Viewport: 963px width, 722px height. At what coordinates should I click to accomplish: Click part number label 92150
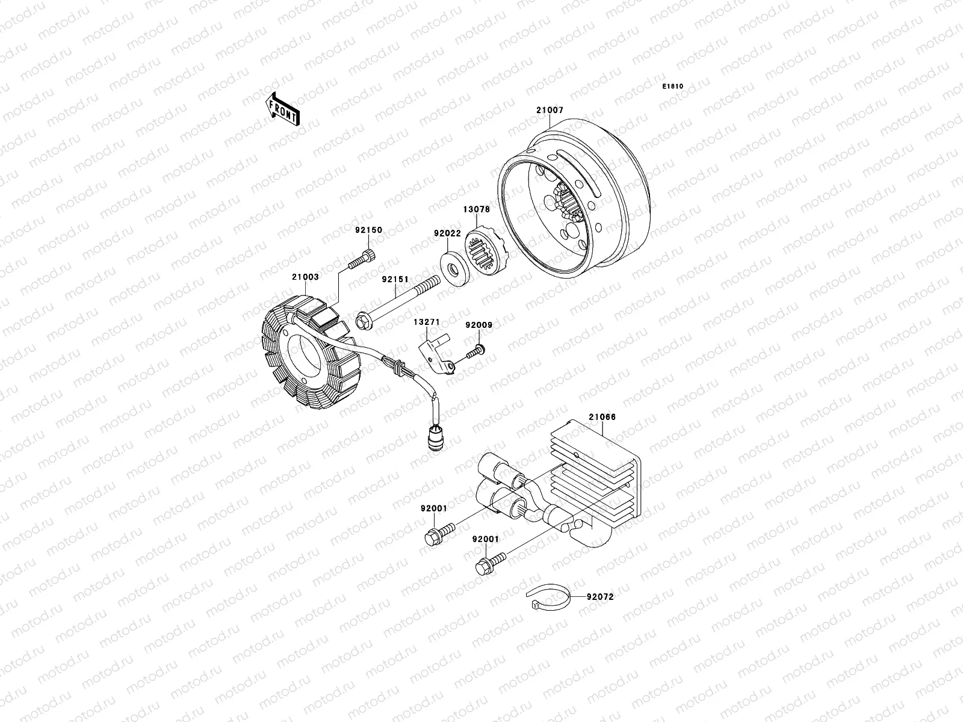(x=368, y=230)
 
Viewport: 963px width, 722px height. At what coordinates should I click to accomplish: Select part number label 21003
(x=305, y=277)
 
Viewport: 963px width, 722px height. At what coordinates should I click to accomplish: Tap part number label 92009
(x=478, y=326)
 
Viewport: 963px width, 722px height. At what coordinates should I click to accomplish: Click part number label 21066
(x=602, y=417)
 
